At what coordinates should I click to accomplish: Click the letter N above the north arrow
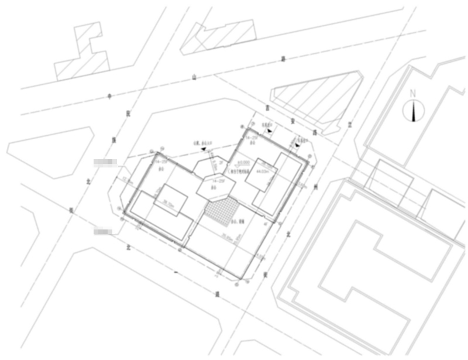pos(413,93)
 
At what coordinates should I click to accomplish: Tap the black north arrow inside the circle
pos(414,110)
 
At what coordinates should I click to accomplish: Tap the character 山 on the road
pos(194,77)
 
